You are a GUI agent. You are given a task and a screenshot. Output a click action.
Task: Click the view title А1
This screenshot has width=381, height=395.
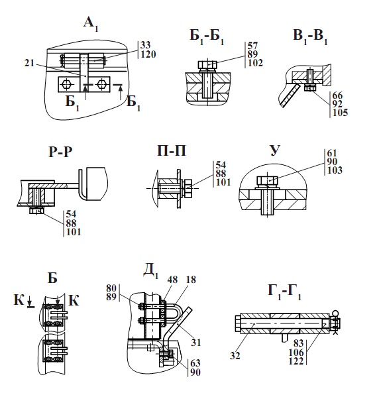pyautogui.click(x=91, y=25)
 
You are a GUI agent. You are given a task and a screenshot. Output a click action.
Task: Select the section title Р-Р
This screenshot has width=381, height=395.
pyautogui.click(x=60, y=152)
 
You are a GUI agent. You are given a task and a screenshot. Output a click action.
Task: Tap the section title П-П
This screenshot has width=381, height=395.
pyautogui.click(x=172, y=150)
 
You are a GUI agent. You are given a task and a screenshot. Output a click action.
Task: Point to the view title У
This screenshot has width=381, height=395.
pyautogui.click(x=275, y=150)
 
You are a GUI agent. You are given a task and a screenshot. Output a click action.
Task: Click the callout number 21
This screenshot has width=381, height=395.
pyautogui.click(x=29, y=63)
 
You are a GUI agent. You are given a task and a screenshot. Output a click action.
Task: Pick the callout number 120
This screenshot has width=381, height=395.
pyautogui.click(x=148, y=54)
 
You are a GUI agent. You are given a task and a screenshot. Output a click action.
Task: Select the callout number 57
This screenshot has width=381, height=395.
pyautogui.click(x=252, y=46)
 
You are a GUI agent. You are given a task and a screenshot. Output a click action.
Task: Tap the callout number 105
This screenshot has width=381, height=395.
pyautogui.click(x=340, y=113)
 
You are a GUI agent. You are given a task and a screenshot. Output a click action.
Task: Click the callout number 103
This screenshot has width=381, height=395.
pyautogui.click(x=335, y=170)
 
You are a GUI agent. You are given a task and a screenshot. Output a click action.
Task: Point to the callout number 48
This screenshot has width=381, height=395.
pyautogui.click(x=172, y=280)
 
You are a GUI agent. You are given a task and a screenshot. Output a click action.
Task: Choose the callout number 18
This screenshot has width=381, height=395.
pyautogui.click(x=191, y=280)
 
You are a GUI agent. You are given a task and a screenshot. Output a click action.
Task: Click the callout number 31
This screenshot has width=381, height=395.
pyautogui.click(x=195, y=343)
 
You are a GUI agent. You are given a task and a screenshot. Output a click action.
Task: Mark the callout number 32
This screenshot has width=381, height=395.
pyautogui.click(x=235, y=356)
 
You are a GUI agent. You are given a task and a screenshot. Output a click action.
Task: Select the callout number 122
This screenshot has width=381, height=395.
pyautogui.click(x=296, y=361)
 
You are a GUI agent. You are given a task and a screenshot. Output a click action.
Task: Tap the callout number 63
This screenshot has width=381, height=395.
pyautogui.click(x=195, y=363)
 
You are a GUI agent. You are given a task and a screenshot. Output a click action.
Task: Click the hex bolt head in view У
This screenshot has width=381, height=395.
pyautogui.click(x=267, y=181)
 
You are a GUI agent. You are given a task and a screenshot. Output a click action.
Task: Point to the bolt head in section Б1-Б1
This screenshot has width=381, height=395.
pyautogui.click(x=207, y=65)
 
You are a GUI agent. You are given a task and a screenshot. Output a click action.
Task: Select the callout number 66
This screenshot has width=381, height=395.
pyautogui.click(x=337, y=95)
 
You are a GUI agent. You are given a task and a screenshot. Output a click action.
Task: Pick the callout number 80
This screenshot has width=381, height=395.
pyautogui.click(x=111, y=288)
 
